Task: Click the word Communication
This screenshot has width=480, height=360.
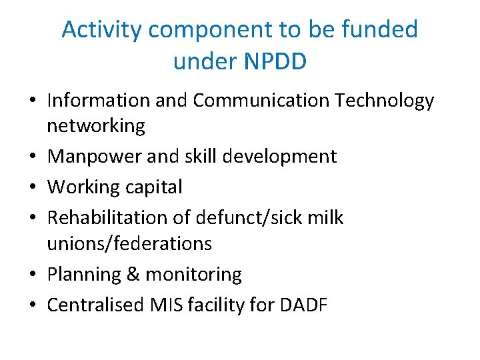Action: coord(261,101)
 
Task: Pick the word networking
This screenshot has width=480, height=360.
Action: coord(96,126)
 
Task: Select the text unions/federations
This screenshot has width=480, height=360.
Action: coord(129,243)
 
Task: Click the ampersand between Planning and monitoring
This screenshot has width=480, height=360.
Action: coord(133,274)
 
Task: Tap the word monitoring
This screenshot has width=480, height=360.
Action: coord(193,274)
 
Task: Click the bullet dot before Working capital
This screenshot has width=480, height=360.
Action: coord(33,188)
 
